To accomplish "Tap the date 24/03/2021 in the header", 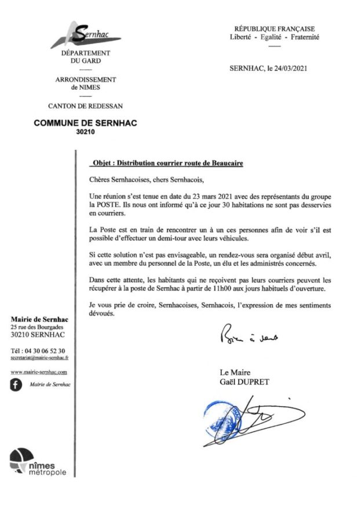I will [286, 68].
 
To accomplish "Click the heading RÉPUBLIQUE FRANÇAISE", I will [274, 28].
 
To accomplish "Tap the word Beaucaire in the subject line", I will [224, 163].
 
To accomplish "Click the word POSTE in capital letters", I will [114, 204].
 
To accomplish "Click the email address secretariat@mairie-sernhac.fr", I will [39, 359].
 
